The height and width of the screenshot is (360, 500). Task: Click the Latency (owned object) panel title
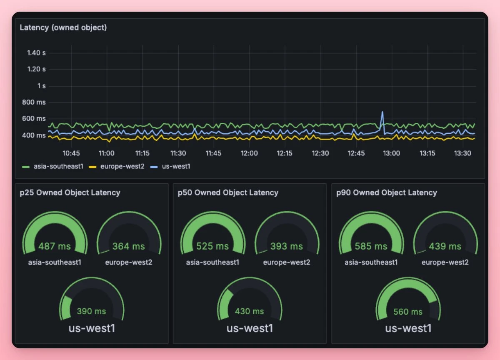[63, 28]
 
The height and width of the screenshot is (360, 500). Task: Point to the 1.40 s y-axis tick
[36, 53]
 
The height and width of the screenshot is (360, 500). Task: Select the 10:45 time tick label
[71, 153]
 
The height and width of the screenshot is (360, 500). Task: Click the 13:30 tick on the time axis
[462, 153]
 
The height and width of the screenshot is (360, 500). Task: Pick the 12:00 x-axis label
[249, 153]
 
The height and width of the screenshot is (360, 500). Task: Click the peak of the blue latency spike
[382, 112]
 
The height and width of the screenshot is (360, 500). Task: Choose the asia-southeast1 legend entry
[52, 166]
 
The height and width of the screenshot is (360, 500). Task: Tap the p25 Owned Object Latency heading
[70, 192]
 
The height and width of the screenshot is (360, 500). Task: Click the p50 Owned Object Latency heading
[228, 192]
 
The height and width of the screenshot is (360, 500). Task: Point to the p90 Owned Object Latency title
[387, 192]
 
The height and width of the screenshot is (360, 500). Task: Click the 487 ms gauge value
[55, 246]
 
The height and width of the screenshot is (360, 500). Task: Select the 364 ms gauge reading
[128, 246]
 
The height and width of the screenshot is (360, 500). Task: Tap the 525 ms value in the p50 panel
[212, 246]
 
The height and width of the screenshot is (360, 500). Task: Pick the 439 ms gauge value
[445, 246]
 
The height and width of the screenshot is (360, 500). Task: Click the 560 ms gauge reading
[407, 312]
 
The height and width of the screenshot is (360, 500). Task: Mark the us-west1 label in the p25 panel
[92, 328]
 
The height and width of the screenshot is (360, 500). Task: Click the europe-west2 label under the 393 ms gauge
[287, 262]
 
